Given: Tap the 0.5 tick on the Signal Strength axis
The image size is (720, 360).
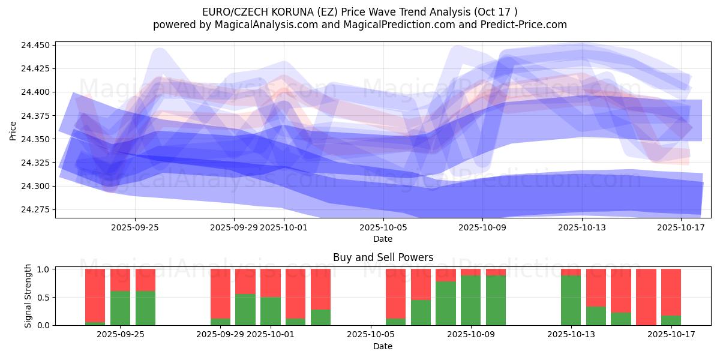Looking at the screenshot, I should click(44, 297).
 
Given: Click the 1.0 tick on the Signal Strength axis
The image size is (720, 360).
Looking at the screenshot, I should click(44, 269).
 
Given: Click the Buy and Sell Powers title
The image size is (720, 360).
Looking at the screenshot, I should click(383, 257).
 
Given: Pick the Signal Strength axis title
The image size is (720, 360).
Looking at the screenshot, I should click(28, 297).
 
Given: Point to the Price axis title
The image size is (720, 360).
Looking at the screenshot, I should click(13, 130).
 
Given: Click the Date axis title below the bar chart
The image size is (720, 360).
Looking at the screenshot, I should click(383, 346).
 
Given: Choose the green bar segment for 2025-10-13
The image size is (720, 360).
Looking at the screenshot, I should click(571, 300).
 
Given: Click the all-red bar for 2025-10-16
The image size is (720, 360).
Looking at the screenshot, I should click(646, 297).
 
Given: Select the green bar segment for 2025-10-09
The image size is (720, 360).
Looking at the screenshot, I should click(471, 300).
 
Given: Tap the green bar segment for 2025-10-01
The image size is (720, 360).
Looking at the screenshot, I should click(271, 311).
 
